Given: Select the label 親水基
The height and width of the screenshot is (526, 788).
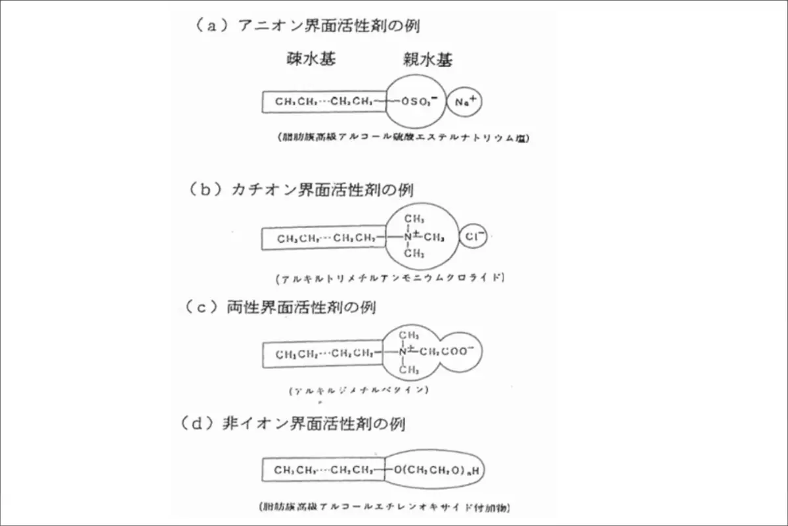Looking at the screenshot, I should pos(427,61).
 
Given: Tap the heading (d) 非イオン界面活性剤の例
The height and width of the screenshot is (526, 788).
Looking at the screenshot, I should pos(293,423).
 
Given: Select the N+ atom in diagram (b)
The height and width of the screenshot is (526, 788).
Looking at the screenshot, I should pos(408,236).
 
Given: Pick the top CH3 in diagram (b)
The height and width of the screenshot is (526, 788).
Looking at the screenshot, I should pos(414,218).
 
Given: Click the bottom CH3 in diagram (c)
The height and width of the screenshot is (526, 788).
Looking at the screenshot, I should pos(409,370).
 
